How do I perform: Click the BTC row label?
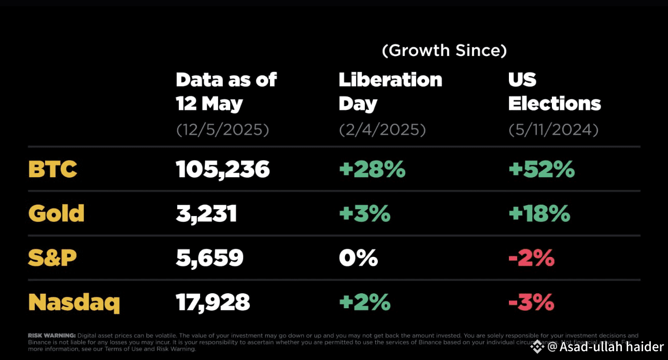click(x=52, y=169)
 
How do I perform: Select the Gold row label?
click(x=56, y=213)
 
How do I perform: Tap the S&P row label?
click(x=52, y=257)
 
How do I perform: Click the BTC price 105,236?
click(x=223, y=169)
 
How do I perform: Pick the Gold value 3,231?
click(x=206, y=213)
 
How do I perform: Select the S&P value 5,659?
click(x=209, y=257)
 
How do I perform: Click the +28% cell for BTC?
click(x=372, y=169)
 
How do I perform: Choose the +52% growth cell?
click(x=542, y=169)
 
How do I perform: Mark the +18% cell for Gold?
click(x=539, y=213)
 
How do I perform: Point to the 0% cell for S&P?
click(x=358, y=257)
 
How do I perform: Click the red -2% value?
click(x=531, y=257)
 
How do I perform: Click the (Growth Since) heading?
click(x=444, y=50)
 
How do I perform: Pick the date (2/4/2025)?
click(x=382, y=129)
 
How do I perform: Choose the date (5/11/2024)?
click(x=553, y=129)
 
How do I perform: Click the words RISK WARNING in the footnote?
click(x=52, y=336)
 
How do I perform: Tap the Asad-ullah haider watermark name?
click(x=612, y=347)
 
